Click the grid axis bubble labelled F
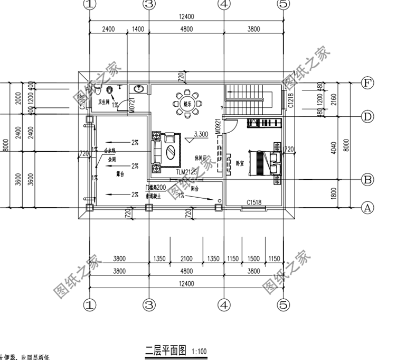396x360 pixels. tap(367, 83)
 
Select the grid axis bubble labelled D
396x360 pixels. tap(367, 116)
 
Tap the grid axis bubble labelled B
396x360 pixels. tap(367, 180)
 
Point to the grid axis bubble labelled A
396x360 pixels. tap(367, 208)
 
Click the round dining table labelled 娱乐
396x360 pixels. tap(187, 104)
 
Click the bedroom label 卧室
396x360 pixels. tap(240, 163)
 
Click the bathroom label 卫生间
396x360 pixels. tap(104, 101)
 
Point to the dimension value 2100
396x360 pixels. tap(187, 259)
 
